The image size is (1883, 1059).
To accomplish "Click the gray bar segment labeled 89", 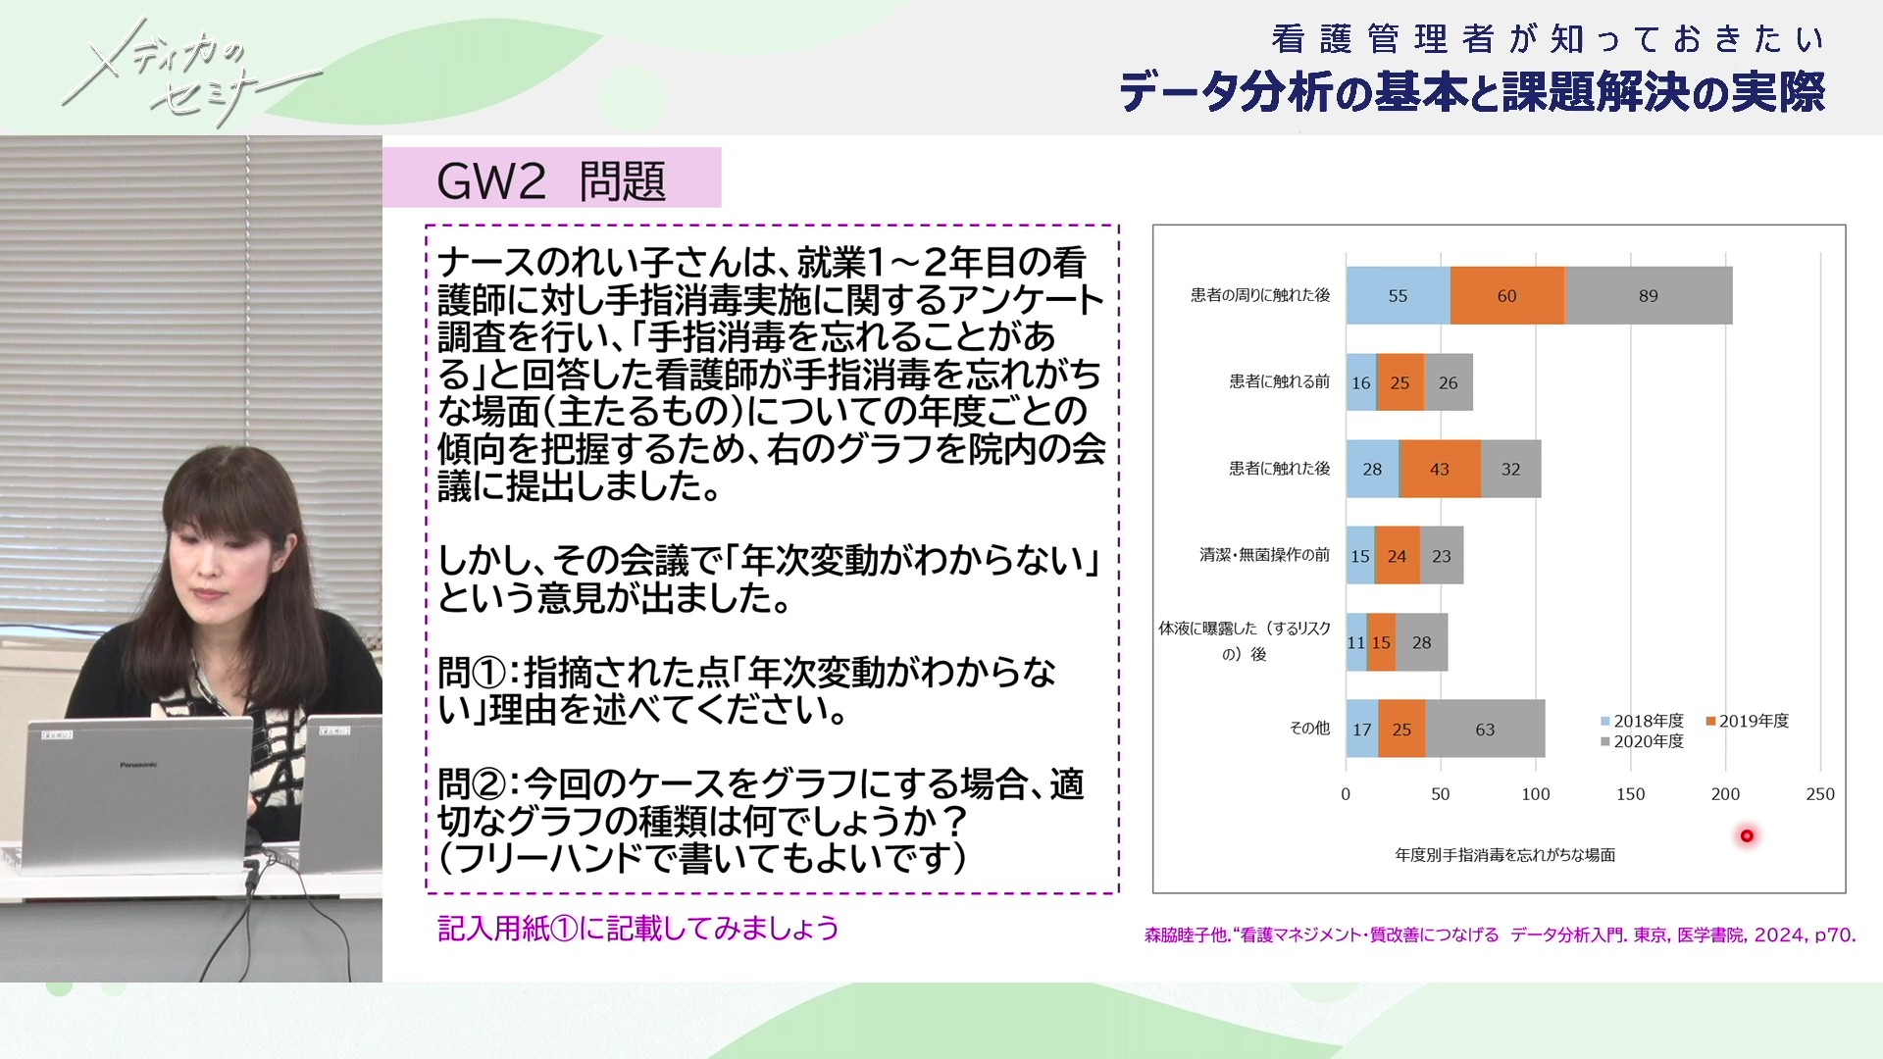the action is [x=1650, y=295].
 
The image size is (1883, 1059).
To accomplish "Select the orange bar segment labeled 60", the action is [x=1507, y=295].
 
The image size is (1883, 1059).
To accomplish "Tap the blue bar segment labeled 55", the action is [x=1399, y=295].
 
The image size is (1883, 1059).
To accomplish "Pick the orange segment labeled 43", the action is [x=1440, y=469].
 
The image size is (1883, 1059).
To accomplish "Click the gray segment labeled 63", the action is [x=1485, y=729].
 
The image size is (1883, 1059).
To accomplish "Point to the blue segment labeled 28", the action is [x=1373, y=469].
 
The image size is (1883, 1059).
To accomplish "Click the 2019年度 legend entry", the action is [x=1748, y=721].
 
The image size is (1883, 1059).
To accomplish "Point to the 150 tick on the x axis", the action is [x=1630, y=794].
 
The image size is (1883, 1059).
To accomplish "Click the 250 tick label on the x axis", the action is [x=1820, y=794].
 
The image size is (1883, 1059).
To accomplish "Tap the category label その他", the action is [x=1309, y=728].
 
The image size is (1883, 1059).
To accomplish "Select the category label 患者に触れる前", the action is [x=1280, y=381].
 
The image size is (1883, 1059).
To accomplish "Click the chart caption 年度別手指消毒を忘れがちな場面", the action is [x=1505, y=855].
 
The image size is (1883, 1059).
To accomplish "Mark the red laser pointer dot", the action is [x=1747, y=836].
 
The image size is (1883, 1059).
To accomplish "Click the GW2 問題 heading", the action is [x=551, y=180].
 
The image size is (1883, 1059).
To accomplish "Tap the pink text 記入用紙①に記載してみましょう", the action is [x=638, y=928].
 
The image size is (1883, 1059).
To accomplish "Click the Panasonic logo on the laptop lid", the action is [x=137, y=765].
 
